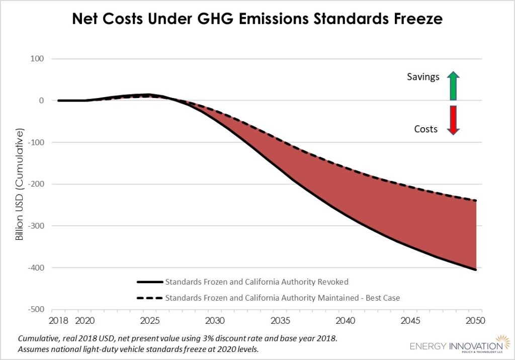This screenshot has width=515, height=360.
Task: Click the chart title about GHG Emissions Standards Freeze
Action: coord(257,20)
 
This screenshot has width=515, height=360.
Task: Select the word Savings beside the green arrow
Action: coord(423,77)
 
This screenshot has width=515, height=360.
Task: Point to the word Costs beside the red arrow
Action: coord(425,129)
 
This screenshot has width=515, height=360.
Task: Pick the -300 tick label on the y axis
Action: coord(35,226)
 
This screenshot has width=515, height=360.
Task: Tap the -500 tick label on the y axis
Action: coord(35,309)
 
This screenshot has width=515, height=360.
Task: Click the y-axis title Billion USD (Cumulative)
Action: coord(20,185)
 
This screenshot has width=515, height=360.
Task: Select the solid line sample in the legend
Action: coord(149,282)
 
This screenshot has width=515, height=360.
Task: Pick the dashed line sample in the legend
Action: coord(149,298)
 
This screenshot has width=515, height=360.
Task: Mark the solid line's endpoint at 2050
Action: coord(475,270)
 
